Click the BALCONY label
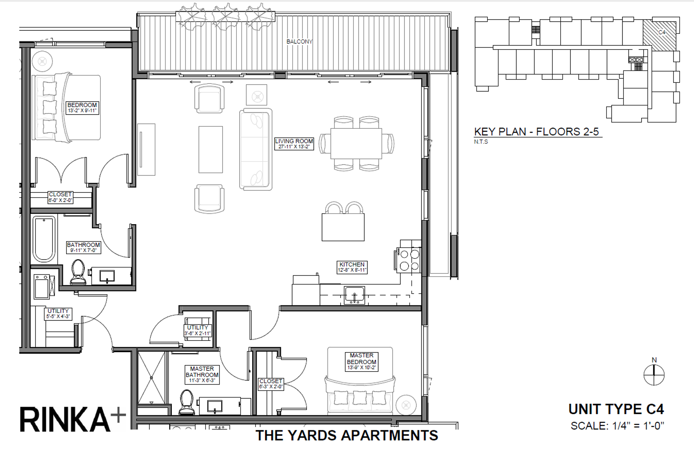click(299, 42)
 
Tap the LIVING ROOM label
click(294, 144)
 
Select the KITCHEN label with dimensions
click(352, 267)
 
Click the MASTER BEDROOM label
click(362, 362)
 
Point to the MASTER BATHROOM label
click(202, 375)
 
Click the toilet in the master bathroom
click(187, 402)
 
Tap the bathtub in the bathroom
click(44, 238)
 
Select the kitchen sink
click(354, 295)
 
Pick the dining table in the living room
click(356, 144)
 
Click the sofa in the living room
click(255, 149)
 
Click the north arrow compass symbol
click(654, 374)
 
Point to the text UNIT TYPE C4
click(616, 409)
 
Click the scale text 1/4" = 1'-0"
click(617, 426)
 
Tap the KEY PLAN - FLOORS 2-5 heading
click(536, 132)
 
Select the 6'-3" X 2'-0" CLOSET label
click(271, 384)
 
